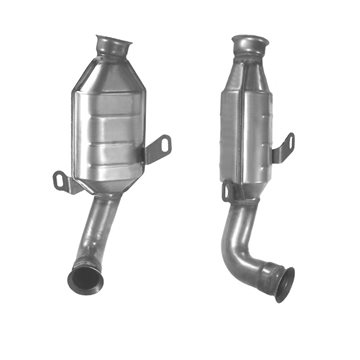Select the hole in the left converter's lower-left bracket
coord(61,181)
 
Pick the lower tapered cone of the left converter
coord(112,185)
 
